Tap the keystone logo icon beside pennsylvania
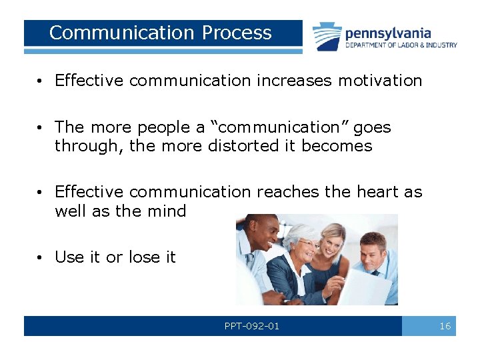click(327, 36)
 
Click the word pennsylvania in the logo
click(388, 33)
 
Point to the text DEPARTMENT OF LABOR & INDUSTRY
click(401, 45)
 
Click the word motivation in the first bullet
click(380, 81)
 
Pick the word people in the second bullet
click(157, 127)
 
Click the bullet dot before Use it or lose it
click(41, 257)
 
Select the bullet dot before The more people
click(41, 127)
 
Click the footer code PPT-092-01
click(252, 326)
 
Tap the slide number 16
click(445, 326)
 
